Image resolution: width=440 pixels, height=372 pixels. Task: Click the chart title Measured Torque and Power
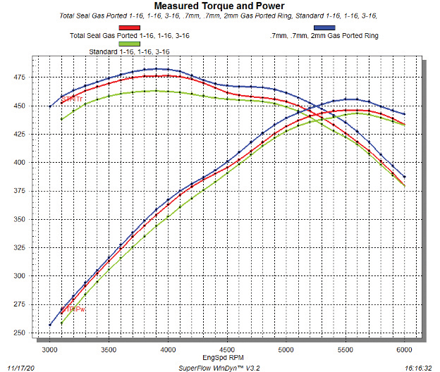click(x=219, y=6)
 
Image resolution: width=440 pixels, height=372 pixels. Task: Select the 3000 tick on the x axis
click(x=50, y=349)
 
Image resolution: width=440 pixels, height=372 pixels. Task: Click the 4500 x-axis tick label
click(x=227, y=349)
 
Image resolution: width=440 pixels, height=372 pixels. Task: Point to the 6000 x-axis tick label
click(x=404, y=349)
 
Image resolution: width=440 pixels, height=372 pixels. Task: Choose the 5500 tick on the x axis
click(x=346, y=349)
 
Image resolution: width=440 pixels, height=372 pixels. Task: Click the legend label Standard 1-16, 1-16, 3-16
click(x=128, y=52)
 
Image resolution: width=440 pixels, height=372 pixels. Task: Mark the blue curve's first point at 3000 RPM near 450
click(x=50, y=106)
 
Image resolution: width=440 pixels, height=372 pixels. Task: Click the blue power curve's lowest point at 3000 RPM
click(x=50, y=325)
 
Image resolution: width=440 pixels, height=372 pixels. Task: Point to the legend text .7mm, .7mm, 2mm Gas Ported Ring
click(x=324, y=35)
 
